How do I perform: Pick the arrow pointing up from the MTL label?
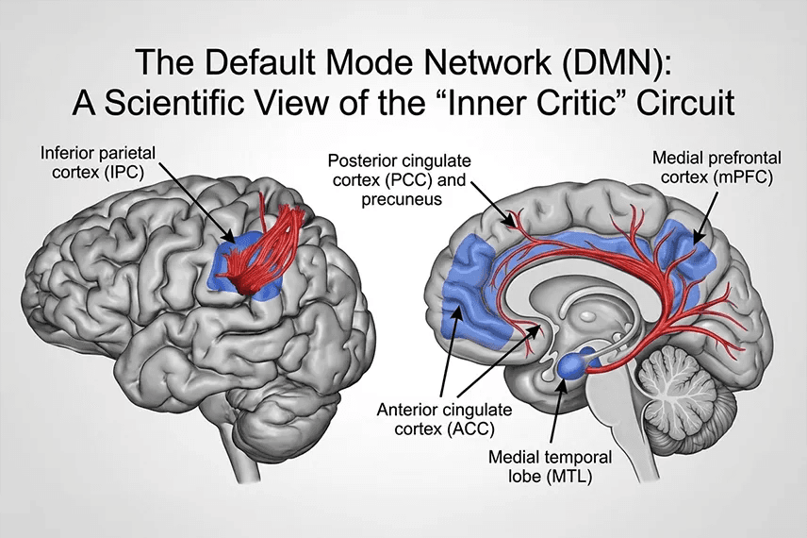tap(558, 412)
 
